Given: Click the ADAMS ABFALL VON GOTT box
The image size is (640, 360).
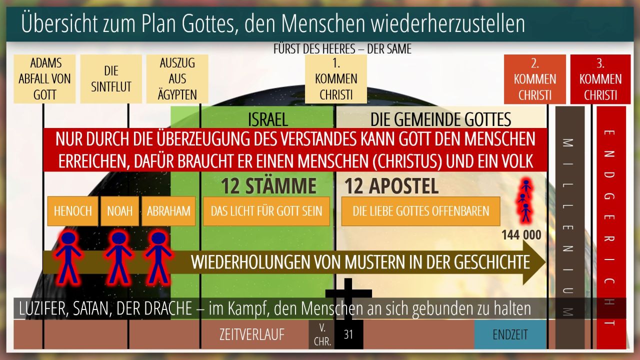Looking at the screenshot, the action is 44,79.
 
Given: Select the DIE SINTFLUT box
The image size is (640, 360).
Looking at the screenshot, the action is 111,79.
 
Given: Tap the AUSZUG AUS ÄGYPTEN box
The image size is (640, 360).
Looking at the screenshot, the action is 177,79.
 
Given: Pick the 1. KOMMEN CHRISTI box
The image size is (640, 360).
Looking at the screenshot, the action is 336,79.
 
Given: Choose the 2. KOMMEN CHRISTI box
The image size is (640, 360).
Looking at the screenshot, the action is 535,79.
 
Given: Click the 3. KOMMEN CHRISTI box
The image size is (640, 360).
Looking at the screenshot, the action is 600,79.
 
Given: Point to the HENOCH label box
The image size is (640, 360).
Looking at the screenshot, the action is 73,211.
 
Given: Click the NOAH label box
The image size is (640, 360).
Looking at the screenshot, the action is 119,211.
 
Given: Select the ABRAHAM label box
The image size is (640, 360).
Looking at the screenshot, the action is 168,211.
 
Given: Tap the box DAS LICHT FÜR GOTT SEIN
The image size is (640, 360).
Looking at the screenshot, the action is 266,211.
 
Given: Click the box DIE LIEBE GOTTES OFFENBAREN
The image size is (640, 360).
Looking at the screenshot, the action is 421,211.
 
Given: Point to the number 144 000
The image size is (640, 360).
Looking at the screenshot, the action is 521,235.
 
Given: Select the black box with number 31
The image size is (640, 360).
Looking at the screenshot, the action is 349,334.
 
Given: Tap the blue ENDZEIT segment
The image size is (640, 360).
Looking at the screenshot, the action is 510,334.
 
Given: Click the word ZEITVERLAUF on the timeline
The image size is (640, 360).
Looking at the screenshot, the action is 252,334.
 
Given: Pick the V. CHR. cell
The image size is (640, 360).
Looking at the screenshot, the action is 321,334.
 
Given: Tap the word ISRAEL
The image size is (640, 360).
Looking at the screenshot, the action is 267,119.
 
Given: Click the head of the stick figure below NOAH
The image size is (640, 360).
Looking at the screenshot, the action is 118,237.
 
